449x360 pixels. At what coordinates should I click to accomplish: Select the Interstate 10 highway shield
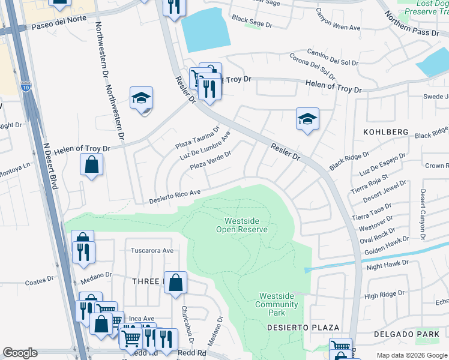coord(25,86)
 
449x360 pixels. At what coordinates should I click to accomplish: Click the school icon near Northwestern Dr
coord(142,98)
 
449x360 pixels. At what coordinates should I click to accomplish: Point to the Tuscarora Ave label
coord(152,250)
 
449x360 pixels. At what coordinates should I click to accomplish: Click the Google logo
coord(20,353)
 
